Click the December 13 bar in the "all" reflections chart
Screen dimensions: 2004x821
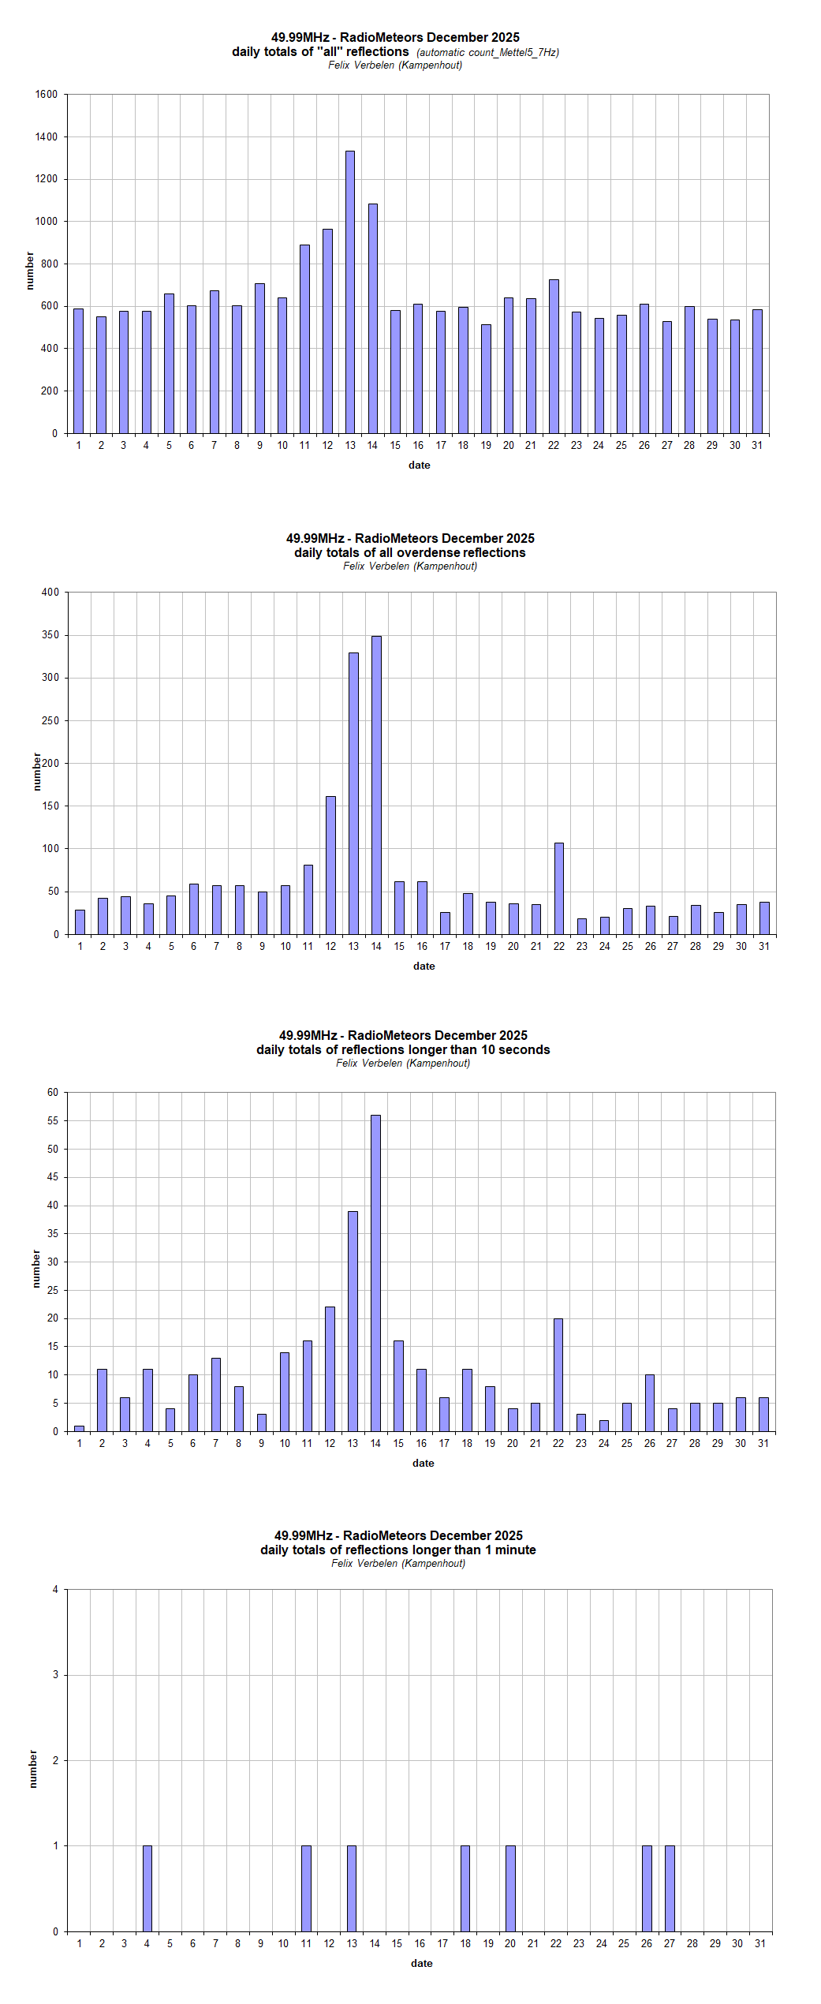coord(350,292)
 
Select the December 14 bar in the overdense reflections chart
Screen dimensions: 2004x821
coord(376,785)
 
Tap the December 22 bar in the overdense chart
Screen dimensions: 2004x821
coord(559,888)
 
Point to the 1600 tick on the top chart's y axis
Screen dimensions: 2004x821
coord(47,95)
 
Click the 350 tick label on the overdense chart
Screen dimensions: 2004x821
coord(50,635)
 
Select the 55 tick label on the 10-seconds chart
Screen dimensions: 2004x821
coord(53,1121)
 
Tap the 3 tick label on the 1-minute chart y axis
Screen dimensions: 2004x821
coord(55,1674)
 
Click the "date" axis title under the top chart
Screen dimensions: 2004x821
coord(420,465)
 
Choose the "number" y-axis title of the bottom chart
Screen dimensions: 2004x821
coord(33,1768)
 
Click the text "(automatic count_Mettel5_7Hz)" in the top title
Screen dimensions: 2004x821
coord(487,53)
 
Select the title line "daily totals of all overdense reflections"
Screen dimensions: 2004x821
coord(410,553)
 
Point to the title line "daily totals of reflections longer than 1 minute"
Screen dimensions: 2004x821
coord(398,1550)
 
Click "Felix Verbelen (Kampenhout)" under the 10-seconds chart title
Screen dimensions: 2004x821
coord(403,1064)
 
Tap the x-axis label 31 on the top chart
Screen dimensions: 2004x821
coord(757,446)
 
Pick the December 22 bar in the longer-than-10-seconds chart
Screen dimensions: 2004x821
coord(558,1374)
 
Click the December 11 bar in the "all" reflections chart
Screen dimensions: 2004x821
coord(304,339)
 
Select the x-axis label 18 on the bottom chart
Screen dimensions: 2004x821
coord(465,1943)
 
